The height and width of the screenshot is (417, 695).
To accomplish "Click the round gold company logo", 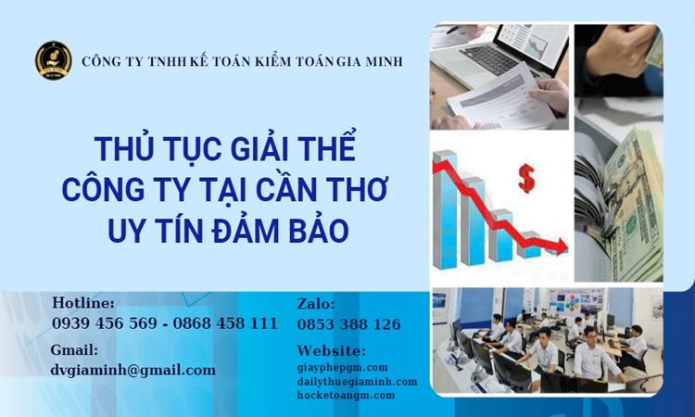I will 54,61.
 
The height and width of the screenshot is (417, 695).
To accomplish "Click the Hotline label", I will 83,304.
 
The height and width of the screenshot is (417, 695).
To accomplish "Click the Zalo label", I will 316,304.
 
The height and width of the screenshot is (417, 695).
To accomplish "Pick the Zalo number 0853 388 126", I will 349,324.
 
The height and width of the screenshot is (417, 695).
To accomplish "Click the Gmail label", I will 75,350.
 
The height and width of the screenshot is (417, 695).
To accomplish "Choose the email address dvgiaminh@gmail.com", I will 133,370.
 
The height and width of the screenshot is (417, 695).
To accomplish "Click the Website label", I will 331,351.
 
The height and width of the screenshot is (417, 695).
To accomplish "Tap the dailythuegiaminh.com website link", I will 357,382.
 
